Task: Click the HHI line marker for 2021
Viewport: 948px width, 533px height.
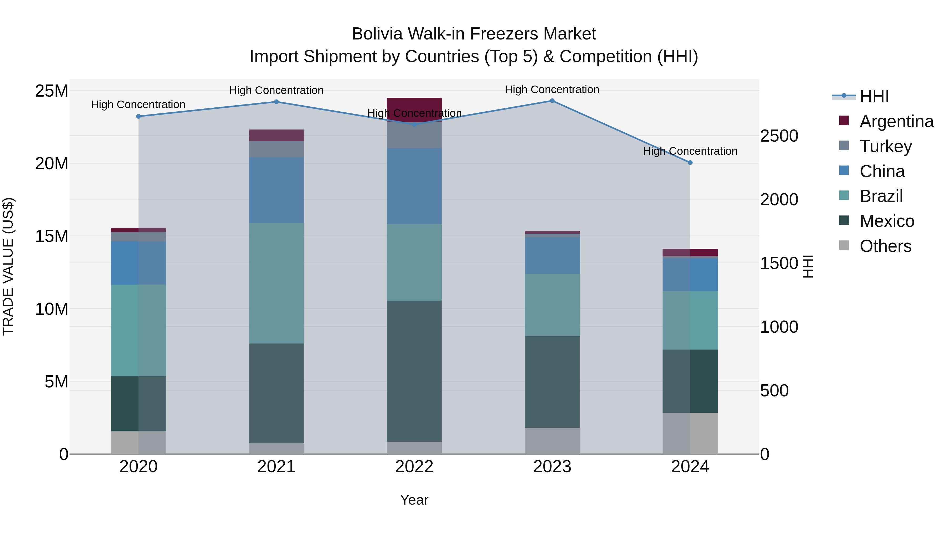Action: point(276,102)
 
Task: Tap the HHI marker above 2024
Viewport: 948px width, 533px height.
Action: point(690,163)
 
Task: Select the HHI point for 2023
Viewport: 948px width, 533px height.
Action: point(552,101)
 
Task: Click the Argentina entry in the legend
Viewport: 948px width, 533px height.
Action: point(896,121)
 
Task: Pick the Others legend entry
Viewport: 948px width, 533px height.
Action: point(885,246)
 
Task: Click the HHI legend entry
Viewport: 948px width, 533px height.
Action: point(874,96)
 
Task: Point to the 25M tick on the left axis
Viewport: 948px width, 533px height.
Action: point(52,91)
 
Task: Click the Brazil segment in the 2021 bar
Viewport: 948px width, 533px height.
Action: point(276,283)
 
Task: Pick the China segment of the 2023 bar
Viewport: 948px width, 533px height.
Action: point(552,255)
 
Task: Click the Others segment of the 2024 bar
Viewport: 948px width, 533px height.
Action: point(690,433)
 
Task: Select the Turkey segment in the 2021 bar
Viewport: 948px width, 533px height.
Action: point(276,149)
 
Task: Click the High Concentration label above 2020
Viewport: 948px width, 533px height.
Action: point(138,105)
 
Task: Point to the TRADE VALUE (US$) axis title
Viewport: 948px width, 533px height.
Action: point(8,266)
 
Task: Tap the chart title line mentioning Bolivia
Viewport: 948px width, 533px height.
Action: point(474,34)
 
